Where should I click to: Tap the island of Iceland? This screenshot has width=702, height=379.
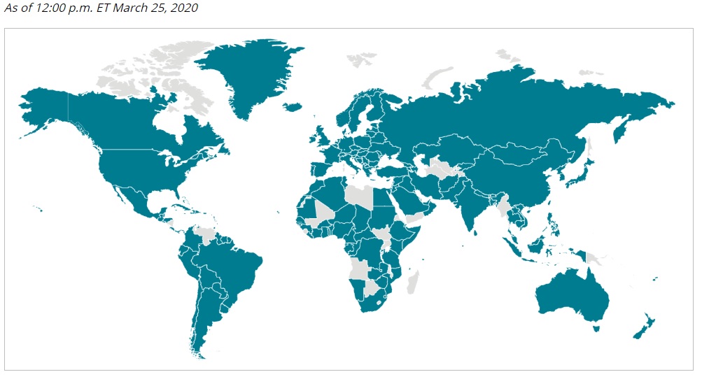[293, 107]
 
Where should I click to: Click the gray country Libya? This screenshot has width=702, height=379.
[360, 194]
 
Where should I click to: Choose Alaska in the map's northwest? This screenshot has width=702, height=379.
[45, 105]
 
